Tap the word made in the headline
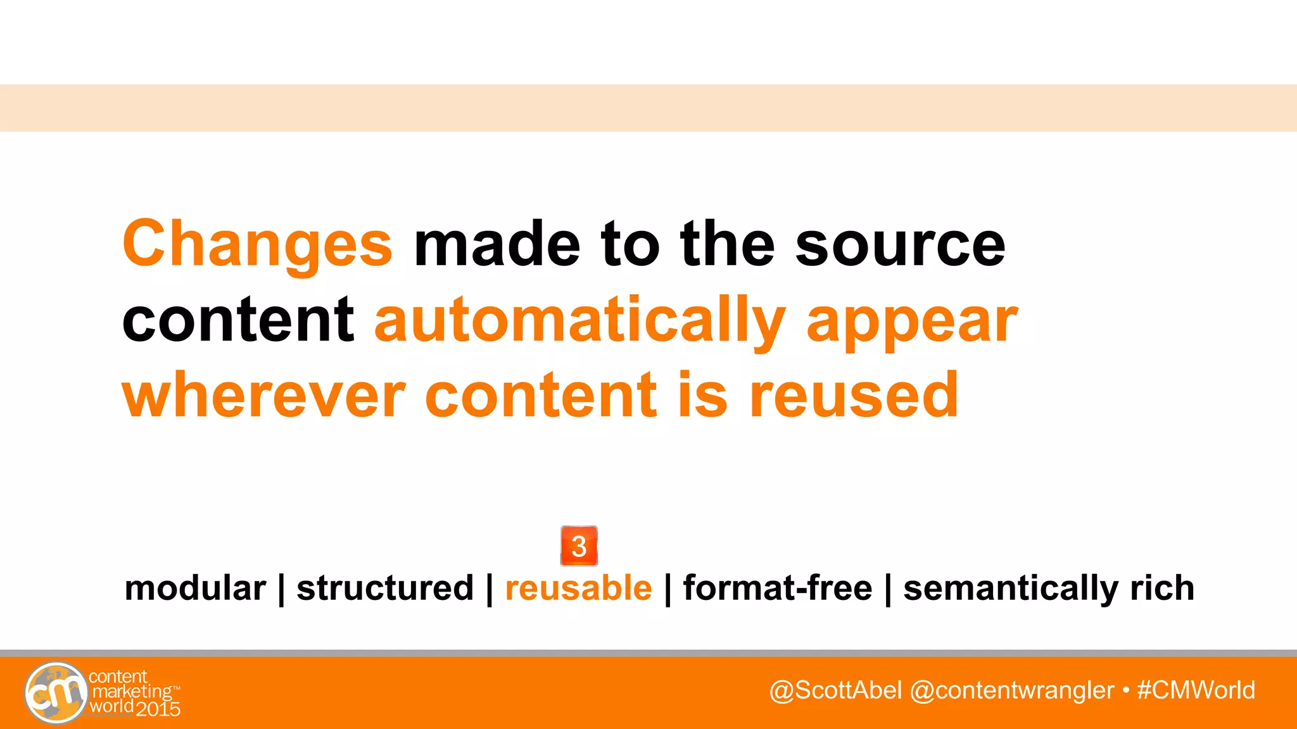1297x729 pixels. (x=497, y=245)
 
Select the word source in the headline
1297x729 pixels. (x=900, y=245)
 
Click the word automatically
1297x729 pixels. (x=579, y=321)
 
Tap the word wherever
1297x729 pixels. (x=263, y=396)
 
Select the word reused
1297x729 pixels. (x=854, y=396)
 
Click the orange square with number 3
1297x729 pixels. (x=579, y=546)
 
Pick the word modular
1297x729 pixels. (x=195, y=589)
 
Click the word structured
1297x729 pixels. (x=385, y=589)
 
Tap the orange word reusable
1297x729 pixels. (x=578, y=589)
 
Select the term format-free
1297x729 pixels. (x=778, y=589)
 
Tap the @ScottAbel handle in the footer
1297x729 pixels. (x=835, y=690)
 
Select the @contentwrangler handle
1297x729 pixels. (x=1011, y=690)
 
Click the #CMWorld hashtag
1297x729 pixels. (x=1196, y=690)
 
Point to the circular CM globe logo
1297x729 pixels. (x=56, y=693)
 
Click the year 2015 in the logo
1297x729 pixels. (x=158, y=709)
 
